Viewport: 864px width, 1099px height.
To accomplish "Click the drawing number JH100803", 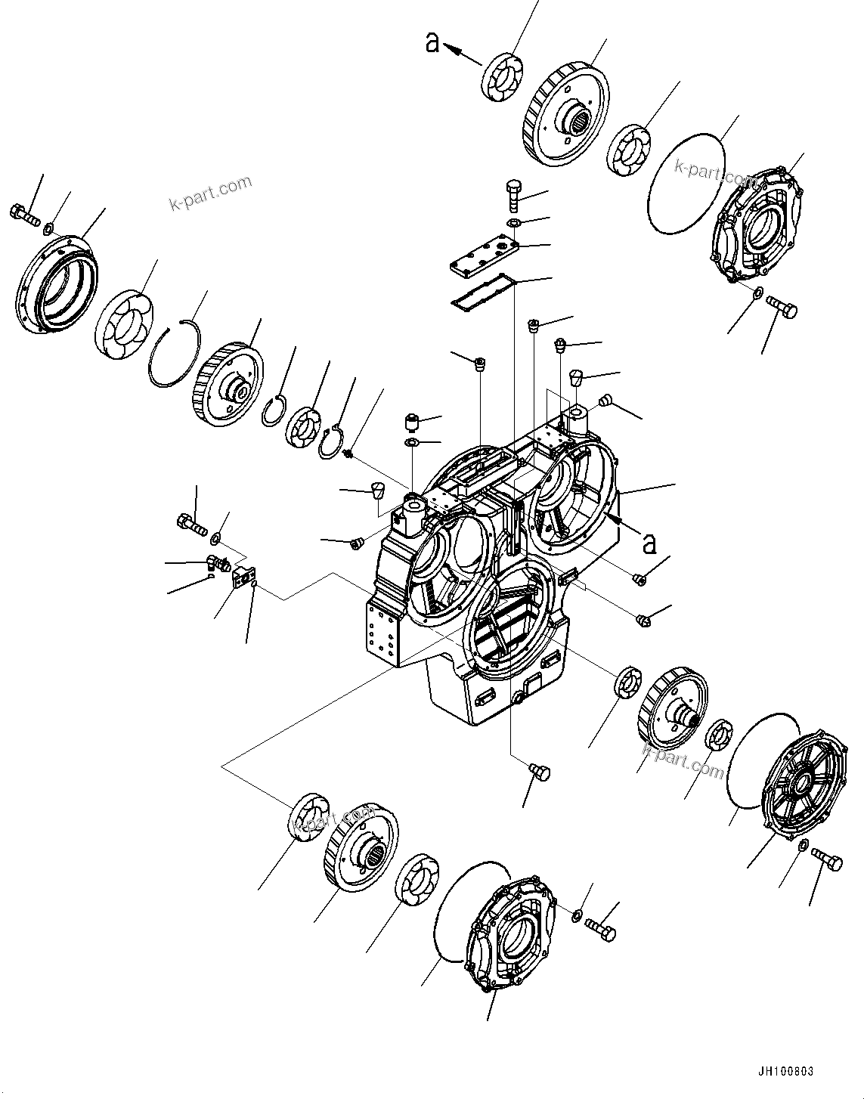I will tap(785, 1071).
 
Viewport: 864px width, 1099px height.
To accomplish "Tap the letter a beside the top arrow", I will tap(432, 43).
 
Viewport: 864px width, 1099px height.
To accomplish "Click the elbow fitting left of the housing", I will tap(218, 562).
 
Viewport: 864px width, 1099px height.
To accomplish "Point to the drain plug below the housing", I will tap(540, 772).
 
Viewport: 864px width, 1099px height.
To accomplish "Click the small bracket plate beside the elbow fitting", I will tap(243, 577).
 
